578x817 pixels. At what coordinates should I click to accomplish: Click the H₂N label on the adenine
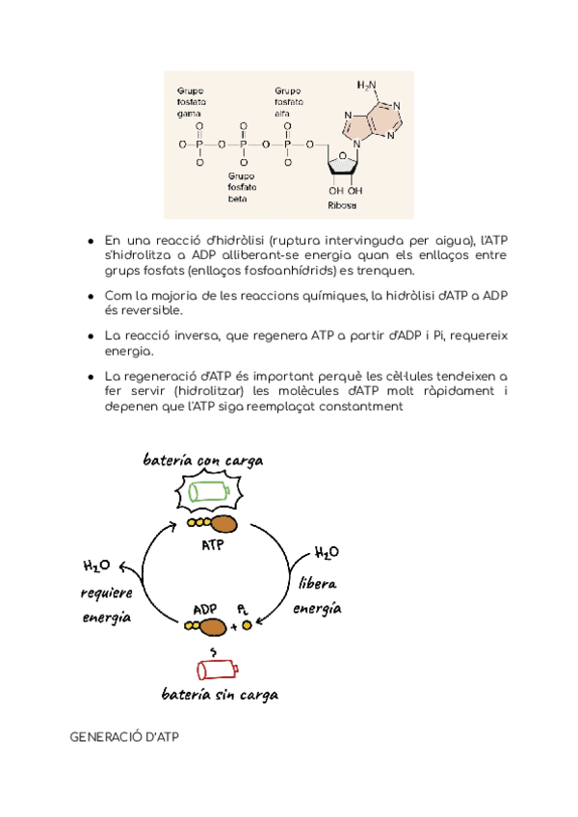367,85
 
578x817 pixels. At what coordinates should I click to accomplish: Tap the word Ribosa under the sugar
342,205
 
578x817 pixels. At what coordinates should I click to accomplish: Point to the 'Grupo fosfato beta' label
241,188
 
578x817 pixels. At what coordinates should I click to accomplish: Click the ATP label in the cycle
213,544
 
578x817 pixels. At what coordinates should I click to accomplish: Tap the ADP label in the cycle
204,609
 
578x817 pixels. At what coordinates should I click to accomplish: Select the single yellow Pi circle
247,625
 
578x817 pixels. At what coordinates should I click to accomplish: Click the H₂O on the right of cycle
327,553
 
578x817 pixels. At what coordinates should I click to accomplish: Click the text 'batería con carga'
202,461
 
